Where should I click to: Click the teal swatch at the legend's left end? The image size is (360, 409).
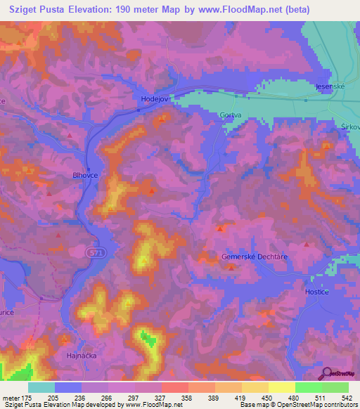click(41, 387)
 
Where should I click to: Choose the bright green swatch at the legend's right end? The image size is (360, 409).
click(335, 387)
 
